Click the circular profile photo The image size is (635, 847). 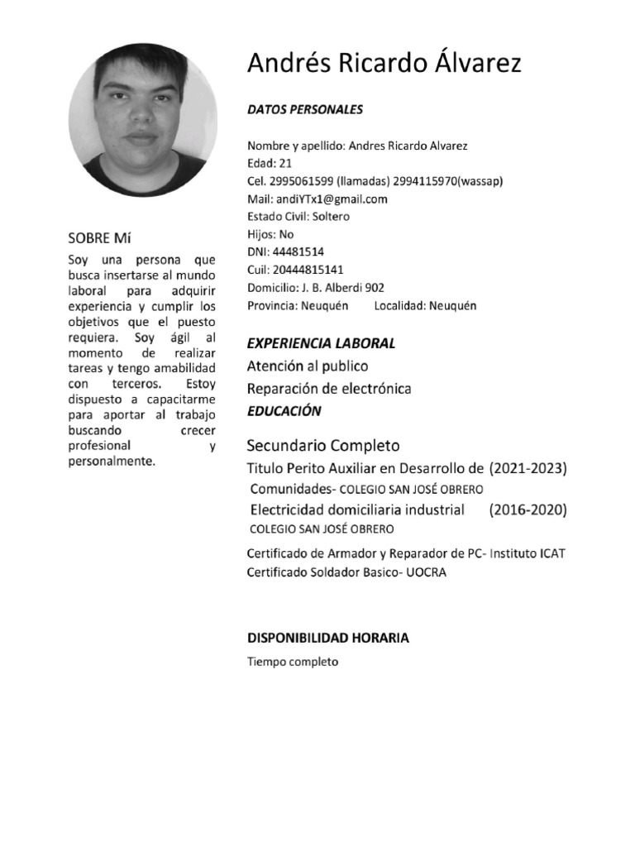click(142, 119)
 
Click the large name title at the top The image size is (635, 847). click(384, 64)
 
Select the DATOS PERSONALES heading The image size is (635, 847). click(305, 109)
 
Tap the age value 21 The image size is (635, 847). click(286, 164)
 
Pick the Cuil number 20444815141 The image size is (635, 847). click(307, 270)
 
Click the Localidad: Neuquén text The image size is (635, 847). click(425, 305)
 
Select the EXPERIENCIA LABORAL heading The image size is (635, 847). click(322, 343)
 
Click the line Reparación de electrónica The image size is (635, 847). click(328, 389)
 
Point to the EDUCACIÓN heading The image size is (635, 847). click(284, 411)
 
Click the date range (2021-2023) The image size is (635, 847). click(528, 469)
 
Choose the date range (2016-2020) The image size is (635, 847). click(528, 510)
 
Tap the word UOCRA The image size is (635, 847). click(427, 572)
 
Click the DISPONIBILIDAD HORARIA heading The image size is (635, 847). click(327, 639)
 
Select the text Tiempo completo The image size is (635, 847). click(293, 662)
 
